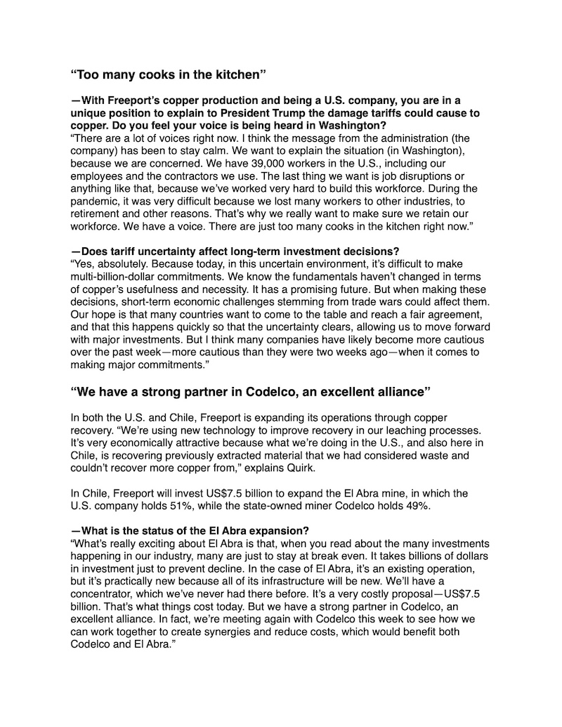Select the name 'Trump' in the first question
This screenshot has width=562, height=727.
(x=341, y=113)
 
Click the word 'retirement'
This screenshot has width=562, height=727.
(x=98, y=214)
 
